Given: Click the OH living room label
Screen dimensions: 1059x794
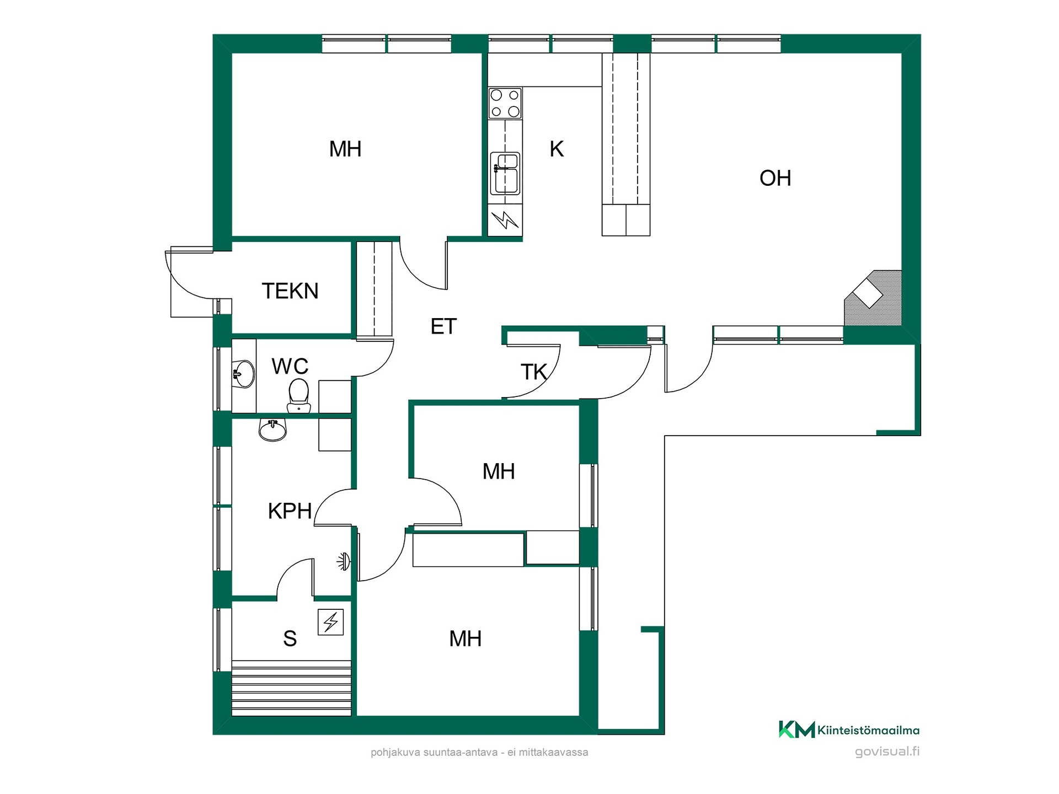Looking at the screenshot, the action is click(x=775, y=178).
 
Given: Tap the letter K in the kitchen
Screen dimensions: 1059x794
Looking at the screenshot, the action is click(x=557, y=149).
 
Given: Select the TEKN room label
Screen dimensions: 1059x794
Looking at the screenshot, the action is click(x=290, y=291).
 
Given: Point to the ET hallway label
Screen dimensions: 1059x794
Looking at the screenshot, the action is click(x=443, y=326).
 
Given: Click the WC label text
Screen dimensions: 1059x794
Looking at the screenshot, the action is click(x=290, y=366).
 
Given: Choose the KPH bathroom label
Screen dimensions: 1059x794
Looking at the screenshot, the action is click(x=290, y=511).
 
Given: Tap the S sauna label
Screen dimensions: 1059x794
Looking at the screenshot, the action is click(x=290, y=639).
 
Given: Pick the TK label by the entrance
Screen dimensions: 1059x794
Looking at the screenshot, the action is click(x=534, y=372).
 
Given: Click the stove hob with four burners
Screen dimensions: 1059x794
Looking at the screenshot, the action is click(x=505, y=103).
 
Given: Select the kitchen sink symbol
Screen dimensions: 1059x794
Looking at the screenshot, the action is click(x=505, y=173).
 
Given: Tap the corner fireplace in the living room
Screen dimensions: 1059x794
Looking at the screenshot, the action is click(x=873, y=298).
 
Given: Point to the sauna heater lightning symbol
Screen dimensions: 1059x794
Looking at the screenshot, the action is click(x=331, y=623).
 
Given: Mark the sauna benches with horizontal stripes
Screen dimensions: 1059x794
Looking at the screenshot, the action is click(x=291, y=688).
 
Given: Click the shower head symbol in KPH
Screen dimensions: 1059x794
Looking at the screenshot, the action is click(x=344, y=562).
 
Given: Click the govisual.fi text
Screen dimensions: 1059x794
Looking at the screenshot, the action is click(x=887, y=752).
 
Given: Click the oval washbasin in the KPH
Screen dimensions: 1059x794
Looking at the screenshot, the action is click(x=272, y=430).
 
